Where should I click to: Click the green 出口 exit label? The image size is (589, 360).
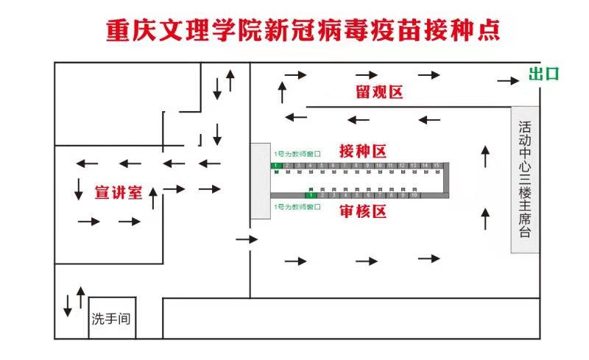[544, 74]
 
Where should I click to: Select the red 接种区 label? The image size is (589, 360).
[362, 151]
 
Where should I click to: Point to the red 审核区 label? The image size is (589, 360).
[363, 212]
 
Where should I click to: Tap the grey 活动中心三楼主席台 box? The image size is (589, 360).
[525, 180]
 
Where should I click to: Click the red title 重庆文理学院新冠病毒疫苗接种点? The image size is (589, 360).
[303, 30]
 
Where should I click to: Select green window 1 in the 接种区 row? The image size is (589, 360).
[275, 166]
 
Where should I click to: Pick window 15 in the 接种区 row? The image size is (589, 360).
[437, 166]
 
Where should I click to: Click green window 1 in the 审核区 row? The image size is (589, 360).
[311, 195]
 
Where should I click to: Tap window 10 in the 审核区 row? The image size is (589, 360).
[415, 195]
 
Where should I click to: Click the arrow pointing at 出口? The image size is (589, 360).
[507, 81]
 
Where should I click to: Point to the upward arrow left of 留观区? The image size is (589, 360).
[282, 92]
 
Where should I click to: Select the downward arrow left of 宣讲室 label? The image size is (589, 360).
[79, 188]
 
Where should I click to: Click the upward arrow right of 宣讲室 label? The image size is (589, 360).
[152, 198]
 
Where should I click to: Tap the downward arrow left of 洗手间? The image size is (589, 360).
[68, 304]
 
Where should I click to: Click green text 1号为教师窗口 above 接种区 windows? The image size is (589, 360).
[297, 154]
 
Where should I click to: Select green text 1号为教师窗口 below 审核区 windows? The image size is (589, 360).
[297, 207]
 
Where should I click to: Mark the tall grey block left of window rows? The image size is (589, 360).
[260, 180]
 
